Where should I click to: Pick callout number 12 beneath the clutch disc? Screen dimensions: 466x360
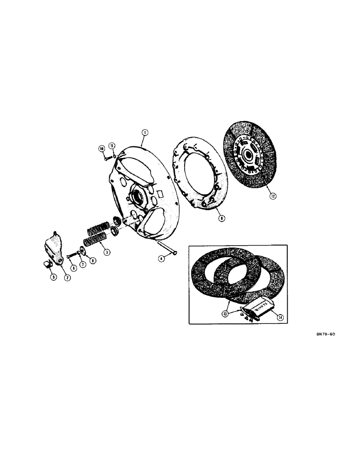tap(272, 196)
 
